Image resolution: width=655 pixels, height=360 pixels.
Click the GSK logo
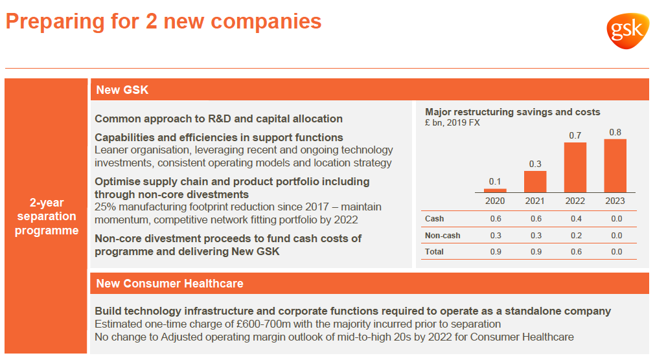(627, 30)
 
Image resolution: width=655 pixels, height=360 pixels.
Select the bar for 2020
(495, 190)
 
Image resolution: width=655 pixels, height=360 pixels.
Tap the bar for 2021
(535, 182)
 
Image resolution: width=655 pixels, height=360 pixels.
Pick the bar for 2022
(575, 168)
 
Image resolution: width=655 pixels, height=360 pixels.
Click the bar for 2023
(615, 166)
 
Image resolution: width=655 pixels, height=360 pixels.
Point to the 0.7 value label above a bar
(575, 135)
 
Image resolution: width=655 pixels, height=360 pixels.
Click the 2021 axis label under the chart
(534, 201)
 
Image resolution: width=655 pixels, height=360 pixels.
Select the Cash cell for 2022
(577, 218)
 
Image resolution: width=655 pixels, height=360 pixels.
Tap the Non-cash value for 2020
(496, 236)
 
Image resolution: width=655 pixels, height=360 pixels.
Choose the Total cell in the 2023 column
(617, 252)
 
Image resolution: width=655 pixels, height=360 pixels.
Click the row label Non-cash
(442, 236)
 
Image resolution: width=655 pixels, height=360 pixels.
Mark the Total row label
(435, 252)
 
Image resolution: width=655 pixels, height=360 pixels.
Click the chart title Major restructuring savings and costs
(512, 112)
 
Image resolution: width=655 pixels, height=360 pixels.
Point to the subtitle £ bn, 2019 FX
(452, 123)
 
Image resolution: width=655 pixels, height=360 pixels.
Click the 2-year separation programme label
(47, 216)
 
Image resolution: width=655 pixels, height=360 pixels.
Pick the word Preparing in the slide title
(54, 22)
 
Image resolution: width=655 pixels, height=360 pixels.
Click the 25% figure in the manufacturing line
(105, 207)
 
